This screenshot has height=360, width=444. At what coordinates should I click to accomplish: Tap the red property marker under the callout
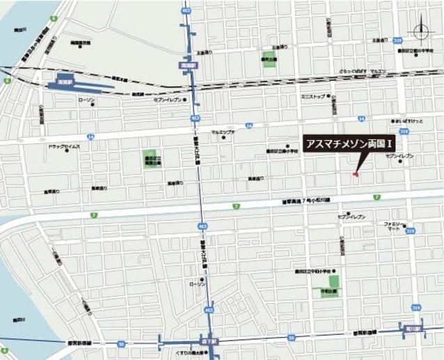coord(356,173)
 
